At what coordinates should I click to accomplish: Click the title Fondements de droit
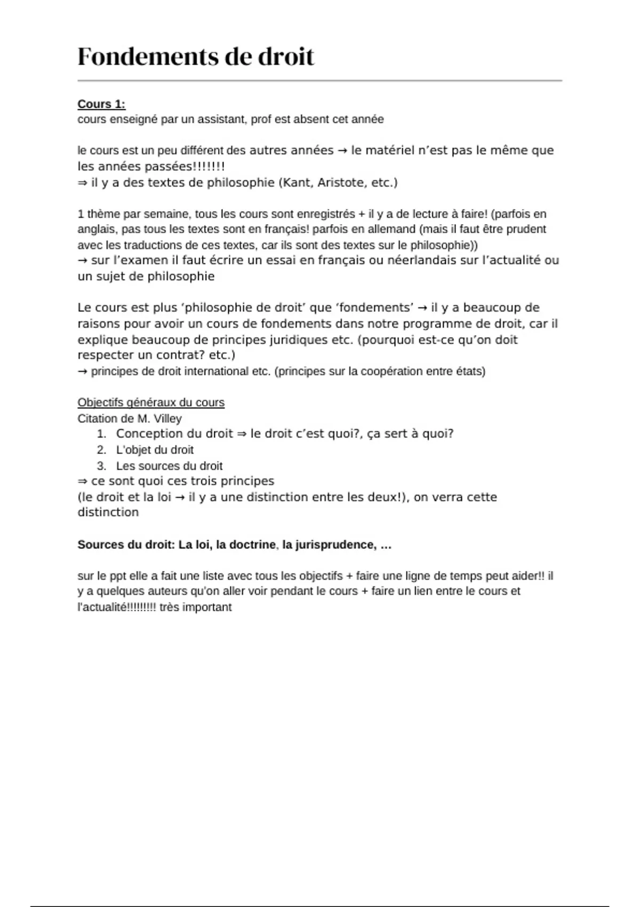(x=196, y=57)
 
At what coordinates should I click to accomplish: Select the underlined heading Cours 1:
(x=101, y=104)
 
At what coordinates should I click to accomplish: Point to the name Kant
(x=297, y=182)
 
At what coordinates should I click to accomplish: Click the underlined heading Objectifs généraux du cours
(x=151, y=403)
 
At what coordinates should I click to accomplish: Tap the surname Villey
(x=167, y=419)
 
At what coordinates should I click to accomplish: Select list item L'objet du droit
(x=155, y=450)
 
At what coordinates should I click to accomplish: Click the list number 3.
(x=101, y=466)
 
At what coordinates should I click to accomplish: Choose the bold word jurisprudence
(x=328, y=545)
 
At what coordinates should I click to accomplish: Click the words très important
(x=195, y=607)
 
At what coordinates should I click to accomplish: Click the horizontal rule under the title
(x=320, y=81)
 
